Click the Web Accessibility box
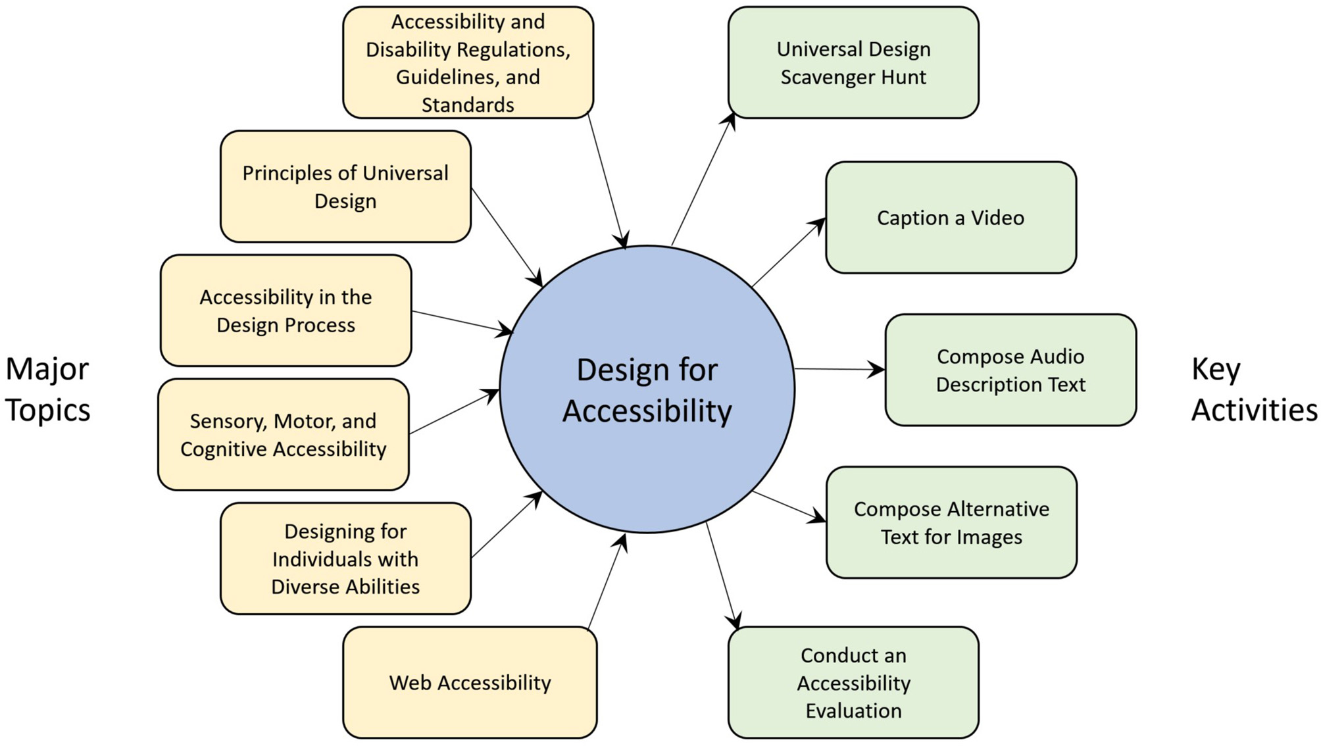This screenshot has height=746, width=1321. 470,682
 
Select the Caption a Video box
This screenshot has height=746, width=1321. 951,218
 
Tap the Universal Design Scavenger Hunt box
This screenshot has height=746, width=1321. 853,62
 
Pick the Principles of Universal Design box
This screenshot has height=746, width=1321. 345,186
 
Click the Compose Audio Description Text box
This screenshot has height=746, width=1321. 1010,370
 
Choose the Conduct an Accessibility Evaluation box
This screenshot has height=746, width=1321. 853,682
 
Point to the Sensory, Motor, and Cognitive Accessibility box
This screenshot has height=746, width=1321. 283,434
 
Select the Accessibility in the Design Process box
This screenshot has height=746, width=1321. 286,311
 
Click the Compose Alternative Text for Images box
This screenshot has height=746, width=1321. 951,522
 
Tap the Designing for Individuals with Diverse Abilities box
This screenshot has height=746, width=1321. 345,559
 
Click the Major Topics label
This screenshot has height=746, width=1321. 47,389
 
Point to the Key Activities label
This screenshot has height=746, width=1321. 1253,389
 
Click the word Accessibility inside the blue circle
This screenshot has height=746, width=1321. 647,411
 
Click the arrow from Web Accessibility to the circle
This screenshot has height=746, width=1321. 607,581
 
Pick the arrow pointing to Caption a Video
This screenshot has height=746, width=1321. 788,253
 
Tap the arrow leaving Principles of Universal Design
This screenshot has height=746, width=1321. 507,237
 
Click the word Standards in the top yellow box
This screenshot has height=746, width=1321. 468,105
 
